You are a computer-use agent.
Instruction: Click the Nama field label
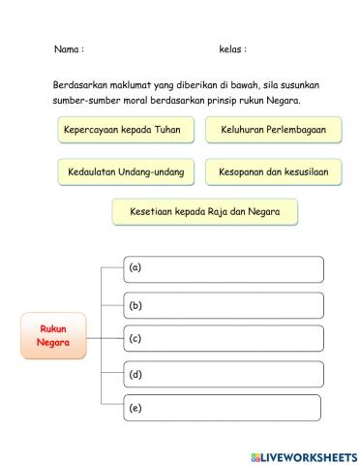pos(68,48)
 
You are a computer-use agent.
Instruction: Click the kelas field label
pos(232,48)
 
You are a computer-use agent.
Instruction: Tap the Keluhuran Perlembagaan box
pos(273,129)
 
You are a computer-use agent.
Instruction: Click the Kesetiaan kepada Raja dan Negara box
pos(204,211)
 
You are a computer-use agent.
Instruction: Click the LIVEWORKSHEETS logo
pos(303,454)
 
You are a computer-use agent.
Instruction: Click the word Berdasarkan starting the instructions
pos(81,85)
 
